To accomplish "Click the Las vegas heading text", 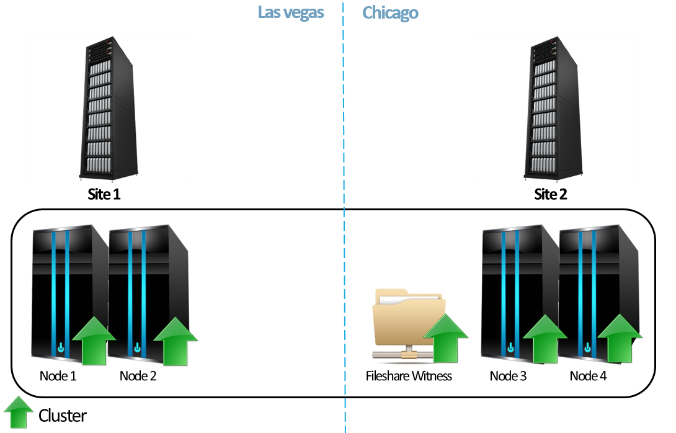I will tap(291, 12).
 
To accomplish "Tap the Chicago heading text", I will tap(390, 12).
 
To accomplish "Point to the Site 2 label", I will tap(551, 195).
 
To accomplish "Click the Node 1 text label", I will tap(59, 376).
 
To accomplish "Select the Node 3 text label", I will tap(508, 376).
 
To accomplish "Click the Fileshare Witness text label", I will tap(409, 376).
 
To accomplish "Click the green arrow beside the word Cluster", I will tap(19, 413).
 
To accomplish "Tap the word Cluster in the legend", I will tap(63, 416).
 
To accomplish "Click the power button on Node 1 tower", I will tap(60, 348).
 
